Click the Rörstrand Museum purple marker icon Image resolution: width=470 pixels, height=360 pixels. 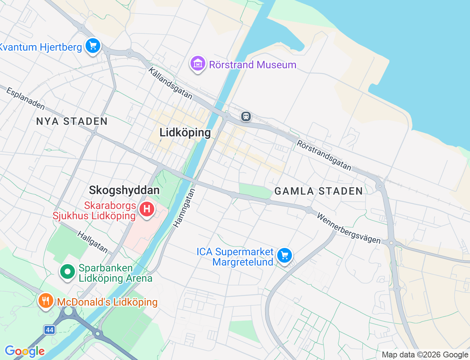click(x=198, y=64)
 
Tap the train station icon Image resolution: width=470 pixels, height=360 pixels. click(x=246, y=116)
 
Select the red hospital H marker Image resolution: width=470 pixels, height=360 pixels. click(x=147, y=209)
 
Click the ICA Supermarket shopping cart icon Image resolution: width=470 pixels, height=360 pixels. click(x=285, y=255)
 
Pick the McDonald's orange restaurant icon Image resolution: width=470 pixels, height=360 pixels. click(x=46, y=301)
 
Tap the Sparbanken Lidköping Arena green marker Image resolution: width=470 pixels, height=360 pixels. click(x=68, y=272)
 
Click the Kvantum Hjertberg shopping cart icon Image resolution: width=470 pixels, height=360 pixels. click(x=93, y=46)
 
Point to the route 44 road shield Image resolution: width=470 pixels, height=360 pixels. click(x=50, y=330)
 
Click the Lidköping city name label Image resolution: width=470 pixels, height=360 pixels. click(x=185, y=133)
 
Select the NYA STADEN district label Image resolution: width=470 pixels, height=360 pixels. click(x=72, y=121)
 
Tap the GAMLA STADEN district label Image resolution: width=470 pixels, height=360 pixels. click(x=319, y=191)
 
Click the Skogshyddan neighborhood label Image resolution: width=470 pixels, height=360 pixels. click(x=124, y=190)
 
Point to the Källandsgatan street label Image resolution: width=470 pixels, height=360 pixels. click(x=170, y=83)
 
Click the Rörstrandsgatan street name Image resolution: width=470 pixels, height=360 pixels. click(x=324, y=155)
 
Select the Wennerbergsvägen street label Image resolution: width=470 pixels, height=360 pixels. click(x=348, y=228)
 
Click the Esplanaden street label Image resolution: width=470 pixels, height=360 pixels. click(x=26, y=98)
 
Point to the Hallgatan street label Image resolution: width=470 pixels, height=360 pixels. click(x=93, y=242)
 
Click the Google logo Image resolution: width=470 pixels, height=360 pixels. click(x=25, y=351)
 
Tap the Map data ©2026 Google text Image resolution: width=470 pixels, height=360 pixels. click(x=425, y=355)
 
